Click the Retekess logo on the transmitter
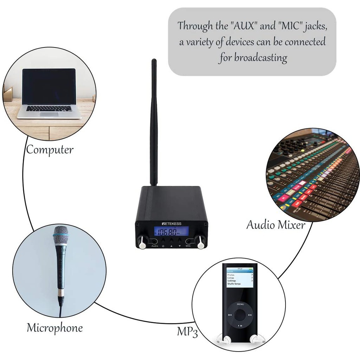point(172,223)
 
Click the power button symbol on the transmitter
point(163,246)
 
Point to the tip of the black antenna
point(154,61)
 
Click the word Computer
point(50,150)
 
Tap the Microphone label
point(55,328)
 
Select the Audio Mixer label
point(276,225)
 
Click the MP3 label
point(187,332)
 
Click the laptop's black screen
point(49,86)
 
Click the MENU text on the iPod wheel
point(240,304)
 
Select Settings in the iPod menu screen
point(232,281)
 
